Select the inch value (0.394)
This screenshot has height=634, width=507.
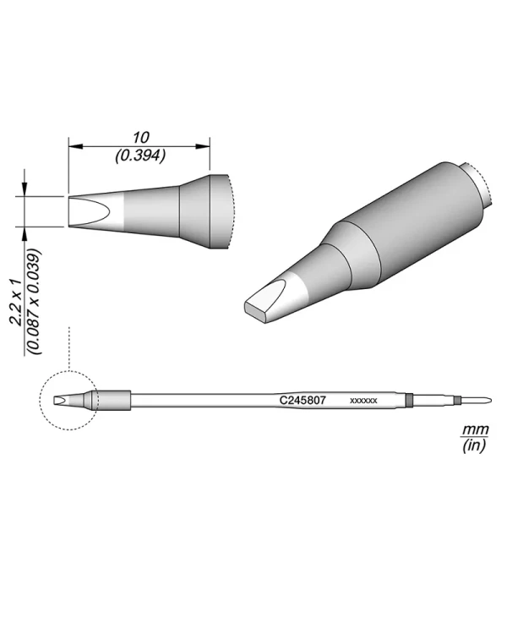coord(139,156)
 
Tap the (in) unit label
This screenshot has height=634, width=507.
coord(473,446)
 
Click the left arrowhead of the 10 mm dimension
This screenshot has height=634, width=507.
coord(73,146)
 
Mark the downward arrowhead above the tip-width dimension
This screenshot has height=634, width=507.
coord(27,191)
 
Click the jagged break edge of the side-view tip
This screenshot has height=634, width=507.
coord(230,211)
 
